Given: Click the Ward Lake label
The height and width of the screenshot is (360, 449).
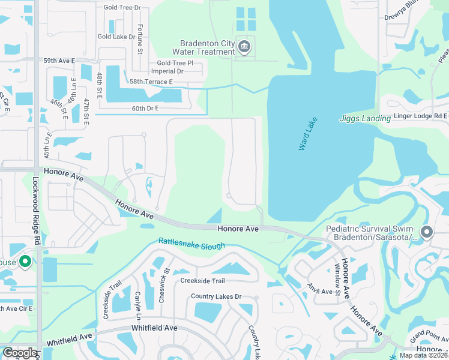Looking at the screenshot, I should pos(307,134).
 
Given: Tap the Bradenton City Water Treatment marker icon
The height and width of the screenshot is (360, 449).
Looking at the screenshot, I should pos(244,47).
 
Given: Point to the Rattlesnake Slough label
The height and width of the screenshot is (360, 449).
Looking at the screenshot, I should pos(191,244).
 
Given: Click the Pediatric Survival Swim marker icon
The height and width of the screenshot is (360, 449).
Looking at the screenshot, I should pos(427,232).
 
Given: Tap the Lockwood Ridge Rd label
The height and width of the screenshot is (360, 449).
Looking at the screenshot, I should pos(37,211).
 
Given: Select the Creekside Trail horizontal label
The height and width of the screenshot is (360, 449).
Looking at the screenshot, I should pos(202,281).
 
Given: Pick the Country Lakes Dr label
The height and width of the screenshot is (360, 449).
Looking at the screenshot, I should pos(216,296).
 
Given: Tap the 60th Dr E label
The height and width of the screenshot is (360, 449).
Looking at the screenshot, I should pos(144,108).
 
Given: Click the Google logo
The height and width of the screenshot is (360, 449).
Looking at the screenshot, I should pos(20,353).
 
